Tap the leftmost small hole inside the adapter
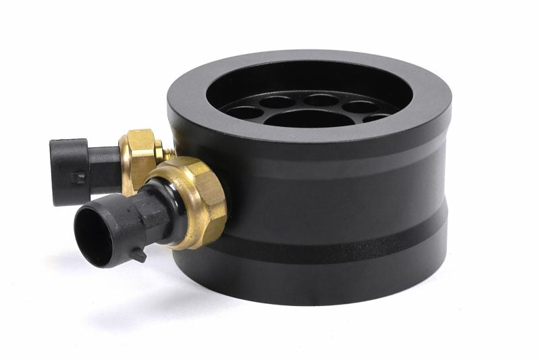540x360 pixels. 245,112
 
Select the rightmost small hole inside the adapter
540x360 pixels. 376,118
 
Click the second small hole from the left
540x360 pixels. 277,103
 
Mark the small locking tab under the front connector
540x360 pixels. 138,255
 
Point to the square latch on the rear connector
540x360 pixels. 80,177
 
